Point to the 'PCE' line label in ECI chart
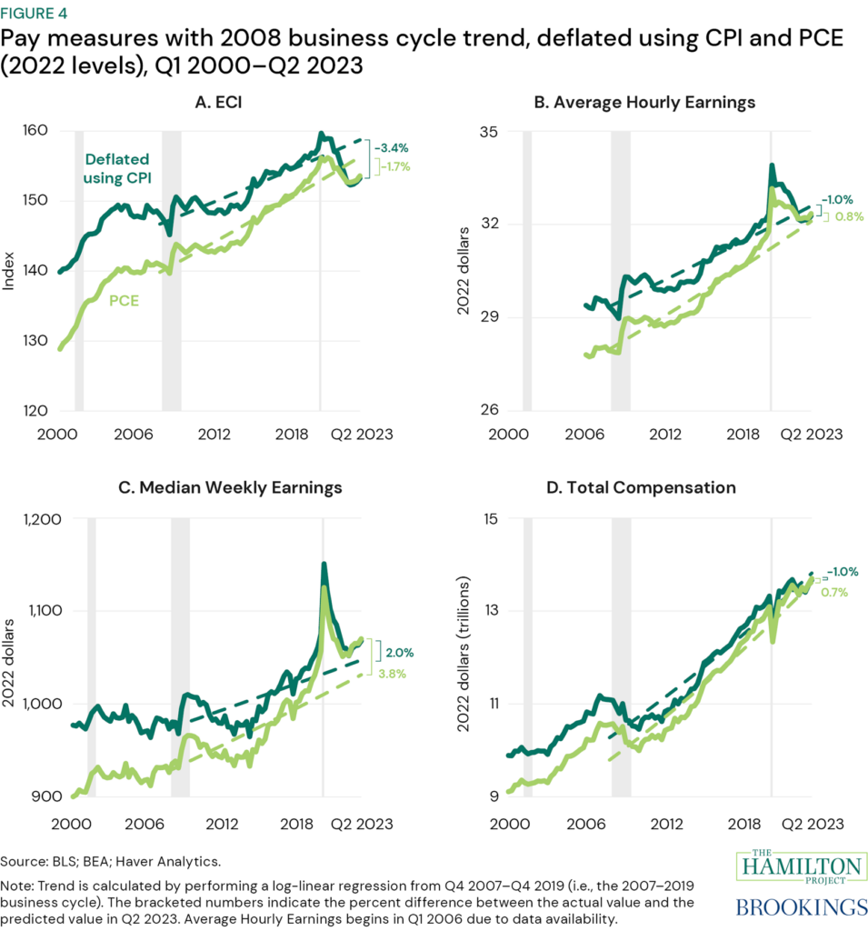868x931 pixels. tap(125, 300)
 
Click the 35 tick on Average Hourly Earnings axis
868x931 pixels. tap(487, 132)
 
